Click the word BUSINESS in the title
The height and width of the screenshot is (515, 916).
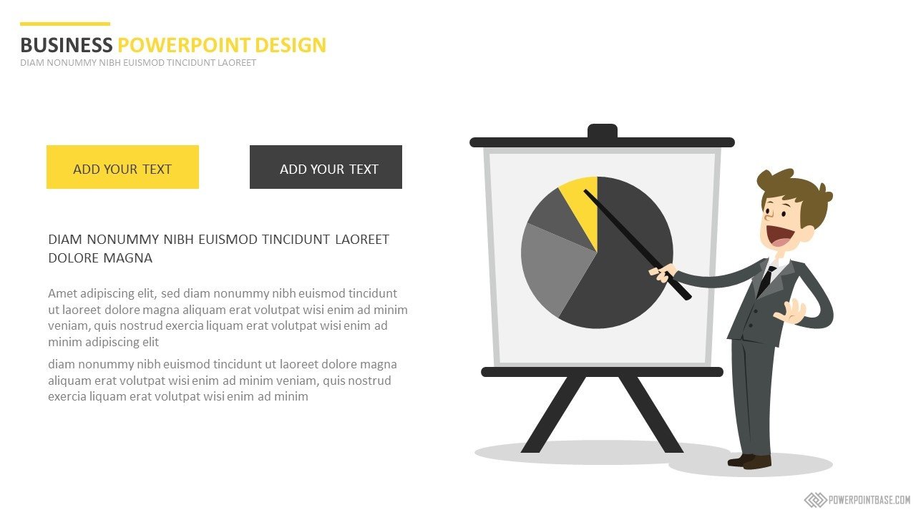67,45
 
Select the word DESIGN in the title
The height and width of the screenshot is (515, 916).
291,45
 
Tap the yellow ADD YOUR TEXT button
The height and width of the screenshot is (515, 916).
122,167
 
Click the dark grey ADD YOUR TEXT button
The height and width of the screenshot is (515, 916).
326,167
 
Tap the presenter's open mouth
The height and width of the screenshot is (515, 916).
780,236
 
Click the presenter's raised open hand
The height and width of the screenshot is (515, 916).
790,312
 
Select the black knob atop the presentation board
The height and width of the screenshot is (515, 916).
603,131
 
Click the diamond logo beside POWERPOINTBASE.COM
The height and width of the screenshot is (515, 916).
815,499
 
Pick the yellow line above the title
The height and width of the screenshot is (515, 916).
65,24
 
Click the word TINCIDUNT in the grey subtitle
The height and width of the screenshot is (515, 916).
191,62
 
